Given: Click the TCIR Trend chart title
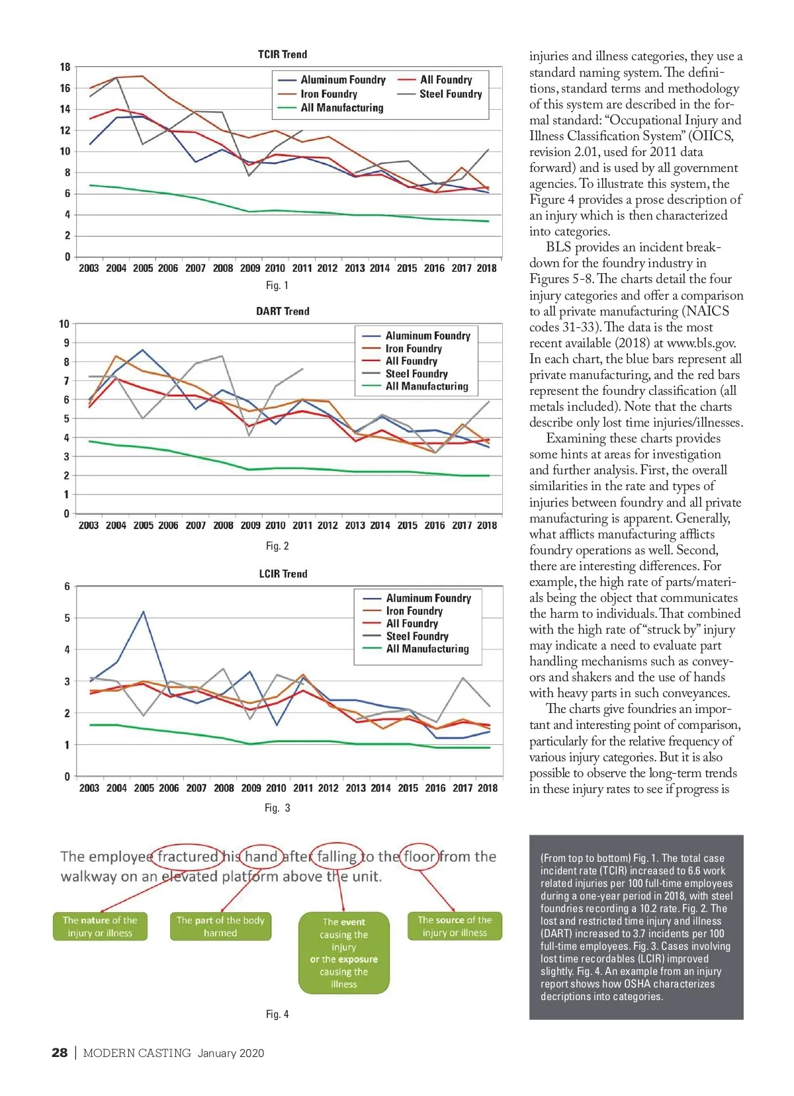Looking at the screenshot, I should tap(283, 54).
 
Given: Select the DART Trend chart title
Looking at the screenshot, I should tap(283, 311).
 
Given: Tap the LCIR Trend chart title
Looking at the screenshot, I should tap(283, 573).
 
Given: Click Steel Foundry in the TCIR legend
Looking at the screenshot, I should tap(450, 94).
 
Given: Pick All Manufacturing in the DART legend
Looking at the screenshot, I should tap(427, 386).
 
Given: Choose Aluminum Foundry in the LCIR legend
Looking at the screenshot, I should tap(428, 598).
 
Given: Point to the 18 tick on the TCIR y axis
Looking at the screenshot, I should tap(65, 67).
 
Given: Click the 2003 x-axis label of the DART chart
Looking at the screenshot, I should tap(89, 525).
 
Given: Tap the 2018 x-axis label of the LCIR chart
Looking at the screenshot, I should tap(488, 788).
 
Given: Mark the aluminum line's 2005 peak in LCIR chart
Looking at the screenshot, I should tap(144, 612).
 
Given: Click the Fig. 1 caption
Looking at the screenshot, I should tap(277, 285).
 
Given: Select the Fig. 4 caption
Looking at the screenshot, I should tap(277, 1014).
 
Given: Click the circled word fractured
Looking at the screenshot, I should tap(188, 857).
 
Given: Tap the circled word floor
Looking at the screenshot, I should tap(419, 857).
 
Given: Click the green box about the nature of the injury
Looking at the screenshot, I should tap(100, 926).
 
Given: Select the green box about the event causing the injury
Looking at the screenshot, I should tap(344, 952).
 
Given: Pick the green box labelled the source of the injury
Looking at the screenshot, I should tap(455, 926).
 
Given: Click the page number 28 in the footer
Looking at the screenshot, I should tap(60, 1053).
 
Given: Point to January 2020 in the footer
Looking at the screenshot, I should tap(230, 1053).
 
